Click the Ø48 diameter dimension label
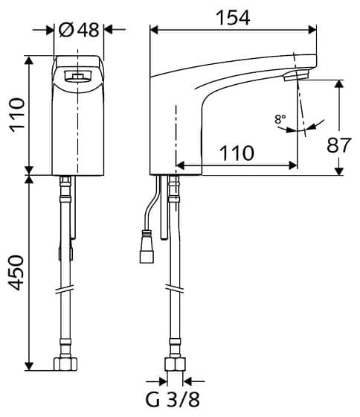(x=79, y=30)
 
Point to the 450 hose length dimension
(x=14, y=273)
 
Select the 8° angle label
(x=279, y=118)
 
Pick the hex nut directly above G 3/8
(x=174, y=366)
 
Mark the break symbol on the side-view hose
(x=174, y=290)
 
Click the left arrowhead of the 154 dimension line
(x=154, y=30)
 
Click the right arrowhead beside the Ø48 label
(x=107, y=30)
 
